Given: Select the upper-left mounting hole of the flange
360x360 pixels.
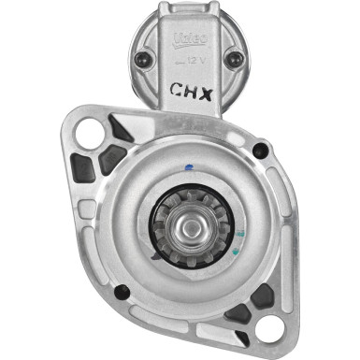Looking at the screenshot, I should pos(89,134).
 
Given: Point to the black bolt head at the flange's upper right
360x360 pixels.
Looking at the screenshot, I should pos(261,148).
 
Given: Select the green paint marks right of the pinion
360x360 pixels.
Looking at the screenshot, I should pos(241,234).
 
